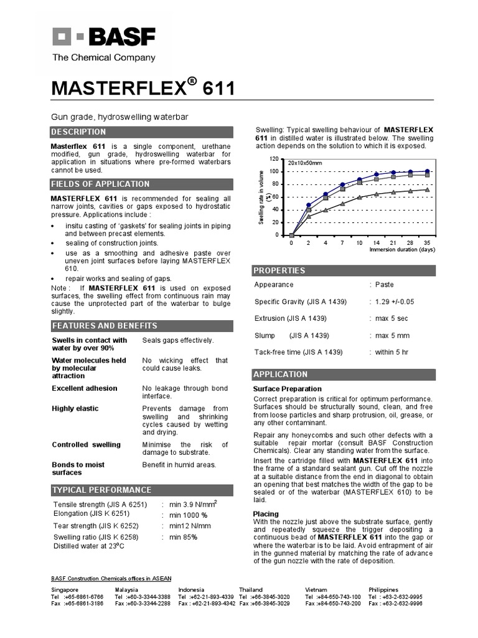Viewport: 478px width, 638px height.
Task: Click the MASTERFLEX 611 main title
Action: click(143, 89)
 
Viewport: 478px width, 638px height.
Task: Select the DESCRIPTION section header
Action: click(78, 132)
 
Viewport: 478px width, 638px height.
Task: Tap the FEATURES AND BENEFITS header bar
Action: click(104, 326)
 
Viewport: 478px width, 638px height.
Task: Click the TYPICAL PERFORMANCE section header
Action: click(101, 490)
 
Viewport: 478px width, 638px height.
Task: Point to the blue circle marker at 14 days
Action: click(377, 175)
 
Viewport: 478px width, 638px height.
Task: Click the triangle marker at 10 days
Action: click(360, 198)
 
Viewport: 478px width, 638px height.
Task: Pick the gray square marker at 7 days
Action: click(343, 189)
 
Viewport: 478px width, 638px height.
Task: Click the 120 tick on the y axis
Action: click(274, 159)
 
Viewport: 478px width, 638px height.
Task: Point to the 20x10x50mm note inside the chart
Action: click(305, 163)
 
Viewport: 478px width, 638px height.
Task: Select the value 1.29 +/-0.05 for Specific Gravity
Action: click(395, 302)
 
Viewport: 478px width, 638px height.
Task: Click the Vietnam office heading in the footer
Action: click(316, 589)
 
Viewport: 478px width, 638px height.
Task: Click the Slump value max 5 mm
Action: click(392, 335)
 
